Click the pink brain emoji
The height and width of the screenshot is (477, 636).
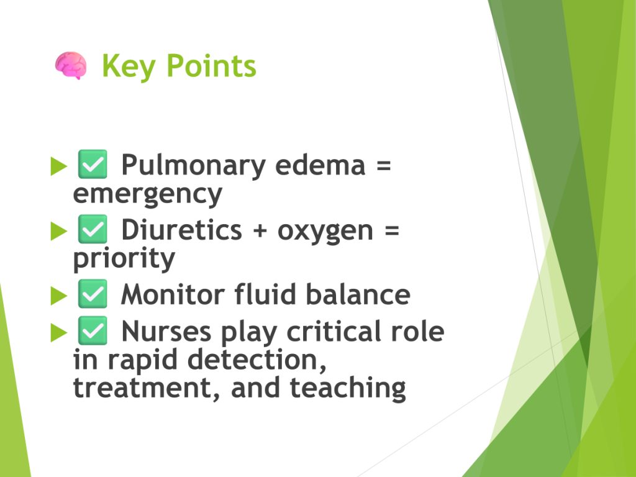click(71, 65)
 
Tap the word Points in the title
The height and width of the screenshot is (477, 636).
click(211, 65)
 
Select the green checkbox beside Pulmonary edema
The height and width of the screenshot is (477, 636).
click(93, 164)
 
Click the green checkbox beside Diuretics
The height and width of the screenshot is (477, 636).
click(93, 229)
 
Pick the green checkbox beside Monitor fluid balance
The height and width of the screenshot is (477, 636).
click(93, 294)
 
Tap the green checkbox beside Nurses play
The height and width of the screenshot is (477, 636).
click(93, 330)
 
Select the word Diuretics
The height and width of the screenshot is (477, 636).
click(182, 230)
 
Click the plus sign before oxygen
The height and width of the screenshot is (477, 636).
click(260, 231)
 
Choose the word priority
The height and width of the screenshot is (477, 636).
click(124, 259)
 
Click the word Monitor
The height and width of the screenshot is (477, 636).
click(173, 294)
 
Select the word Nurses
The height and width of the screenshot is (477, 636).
click(166, 332)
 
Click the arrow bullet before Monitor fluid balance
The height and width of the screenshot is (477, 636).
click(59, 295)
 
